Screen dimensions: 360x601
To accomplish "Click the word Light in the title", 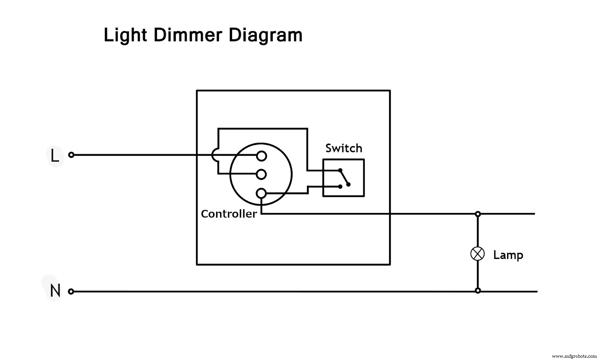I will [125, 35].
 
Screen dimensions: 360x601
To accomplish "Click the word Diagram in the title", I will [265, 35].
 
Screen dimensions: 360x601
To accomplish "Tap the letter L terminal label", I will [55, 156].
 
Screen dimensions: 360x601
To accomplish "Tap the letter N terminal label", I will [55, 291].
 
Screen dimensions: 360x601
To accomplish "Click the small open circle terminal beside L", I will [71, 155].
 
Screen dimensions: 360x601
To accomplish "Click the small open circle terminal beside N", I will [71, 292].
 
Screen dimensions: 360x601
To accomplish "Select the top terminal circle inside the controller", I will [261, 156].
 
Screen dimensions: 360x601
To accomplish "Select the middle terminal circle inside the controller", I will [261, 174].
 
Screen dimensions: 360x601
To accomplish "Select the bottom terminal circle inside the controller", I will [261, 194].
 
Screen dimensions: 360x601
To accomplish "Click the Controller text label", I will [229, 214].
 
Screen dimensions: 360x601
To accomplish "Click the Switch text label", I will [344, 148].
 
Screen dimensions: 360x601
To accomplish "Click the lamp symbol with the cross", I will [477, 254].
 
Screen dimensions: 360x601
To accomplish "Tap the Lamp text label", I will [508, 255].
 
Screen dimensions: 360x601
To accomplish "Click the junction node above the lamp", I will [478, 214].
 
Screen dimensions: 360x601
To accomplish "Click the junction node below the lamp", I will [478, 290].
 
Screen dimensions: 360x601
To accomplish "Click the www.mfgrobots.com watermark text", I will [574, 356].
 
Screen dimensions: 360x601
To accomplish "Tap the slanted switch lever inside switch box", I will [344, 177].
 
